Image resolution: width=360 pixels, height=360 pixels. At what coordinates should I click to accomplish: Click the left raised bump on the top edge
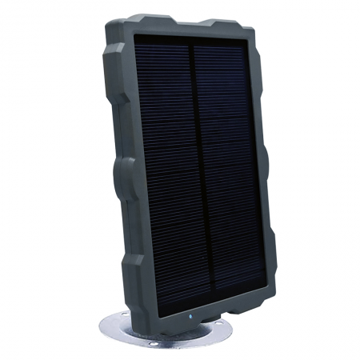144,18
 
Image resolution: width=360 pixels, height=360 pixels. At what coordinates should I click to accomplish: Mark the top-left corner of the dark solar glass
134,36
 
